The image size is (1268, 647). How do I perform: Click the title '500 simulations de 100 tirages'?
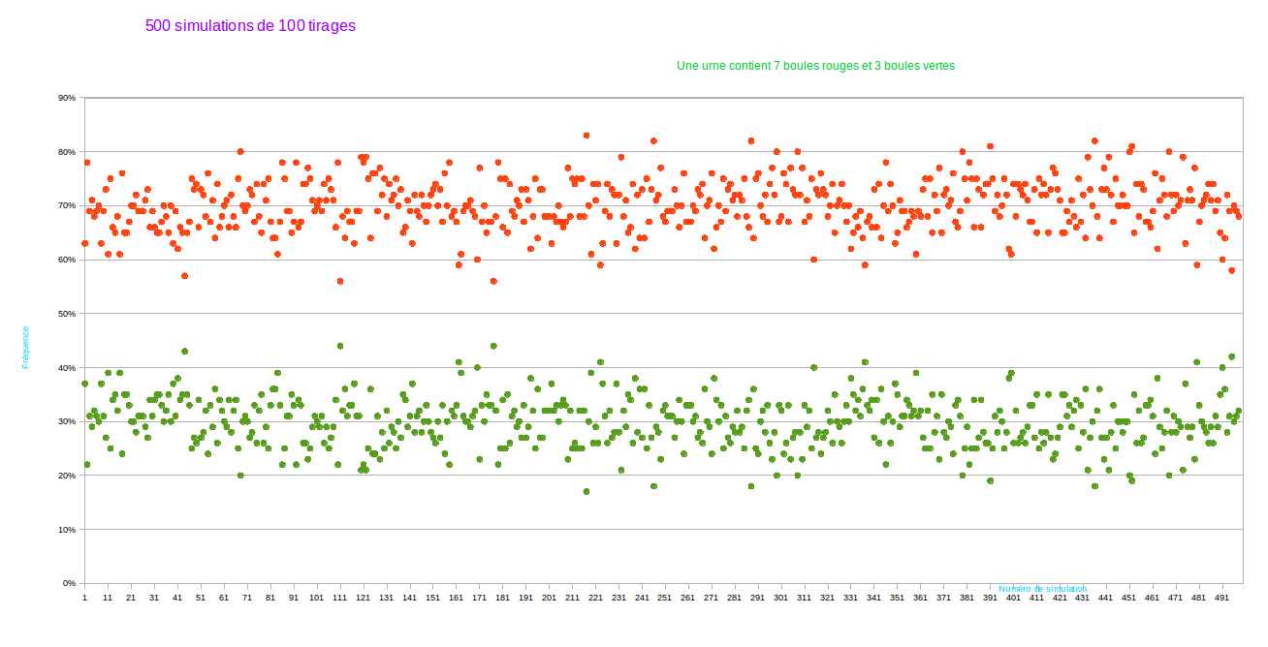click(250, 26)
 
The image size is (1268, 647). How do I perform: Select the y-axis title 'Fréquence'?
click(25, 347)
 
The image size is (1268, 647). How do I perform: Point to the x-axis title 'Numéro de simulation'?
click(1043, 589)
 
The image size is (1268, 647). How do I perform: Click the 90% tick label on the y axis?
click(67, 98)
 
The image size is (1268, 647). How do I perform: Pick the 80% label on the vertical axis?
click(67, 152)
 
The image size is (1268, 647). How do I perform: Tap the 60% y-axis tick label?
click(67, 260)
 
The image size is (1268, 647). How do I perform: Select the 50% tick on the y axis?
click(67, 314)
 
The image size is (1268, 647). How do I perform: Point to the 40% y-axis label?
click(67, 368)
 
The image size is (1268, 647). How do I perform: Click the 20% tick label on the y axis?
click(67, 476)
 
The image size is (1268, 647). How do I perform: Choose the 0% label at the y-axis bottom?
click(69, 584)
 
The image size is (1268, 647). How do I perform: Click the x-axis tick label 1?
click(84, 599)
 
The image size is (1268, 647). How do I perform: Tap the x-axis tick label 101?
click(316, 599)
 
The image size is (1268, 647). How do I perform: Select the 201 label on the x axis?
click(549, 599)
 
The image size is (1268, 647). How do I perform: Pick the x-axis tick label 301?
click(780, 599)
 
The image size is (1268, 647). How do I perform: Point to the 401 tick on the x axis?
click(1013, 599)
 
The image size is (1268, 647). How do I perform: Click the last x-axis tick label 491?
click(1221, 599)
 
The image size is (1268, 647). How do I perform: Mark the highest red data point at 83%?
click(586, 136)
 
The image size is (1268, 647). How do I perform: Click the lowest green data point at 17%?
click(586, 491)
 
